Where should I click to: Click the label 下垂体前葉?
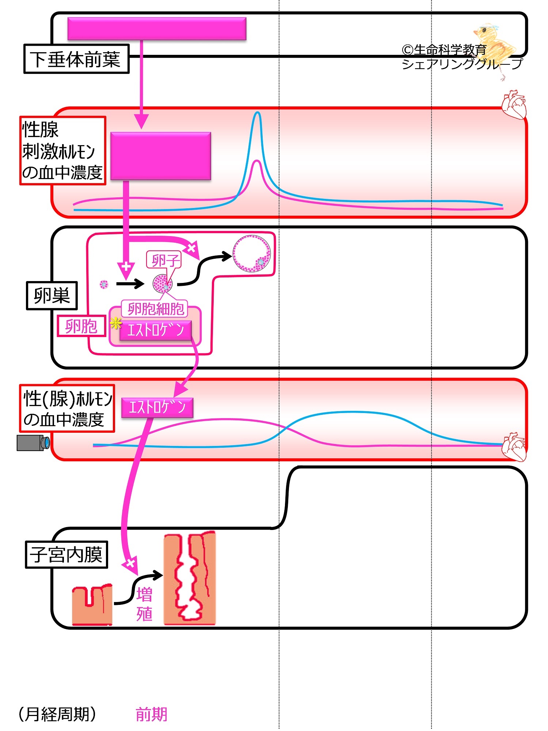click(76, 59)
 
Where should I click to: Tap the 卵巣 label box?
click(52, 296)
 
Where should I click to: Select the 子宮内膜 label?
click(66, 554)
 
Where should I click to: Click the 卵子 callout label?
click(164, 260)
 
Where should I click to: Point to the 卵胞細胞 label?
click(155, 309)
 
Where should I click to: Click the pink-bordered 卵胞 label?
click(81, 326)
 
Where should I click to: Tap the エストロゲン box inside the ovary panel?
click(155, 330)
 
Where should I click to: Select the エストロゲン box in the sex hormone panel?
click(157, 407)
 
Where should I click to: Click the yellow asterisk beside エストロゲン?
click(115, 323)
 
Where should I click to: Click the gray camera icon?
click(33, 443)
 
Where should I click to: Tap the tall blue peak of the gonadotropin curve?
click(258, 113)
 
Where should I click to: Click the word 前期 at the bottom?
click(151, 714)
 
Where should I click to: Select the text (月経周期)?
click(57, 714)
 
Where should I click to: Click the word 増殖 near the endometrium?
click(144, 604)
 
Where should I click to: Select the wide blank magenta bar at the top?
click(157, 29)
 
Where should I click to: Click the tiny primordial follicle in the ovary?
click(104, 284)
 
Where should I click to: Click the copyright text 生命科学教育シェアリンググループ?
click(462, 57)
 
